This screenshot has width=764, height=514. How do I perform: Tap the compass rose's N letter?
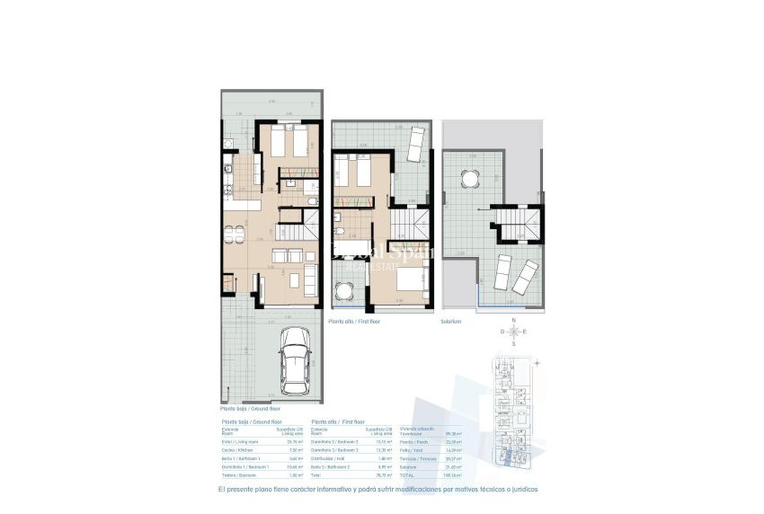pos(513,321)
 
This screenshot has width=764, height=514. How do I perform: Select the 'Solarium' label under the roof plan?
pos(450,321)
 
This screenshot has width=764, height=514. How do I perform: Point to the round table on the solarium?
pos(470,179)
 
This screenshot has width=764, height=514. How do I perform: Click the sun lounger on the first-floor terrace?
pos(415,142)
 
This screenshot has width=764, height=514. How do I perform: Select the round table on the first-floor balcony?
pos(345,291)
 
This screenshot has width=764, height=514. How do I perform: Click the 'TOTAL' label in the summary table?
pos(408,475)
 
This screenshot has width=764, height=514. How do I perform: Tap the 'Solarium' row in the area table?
pos(409,467)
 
